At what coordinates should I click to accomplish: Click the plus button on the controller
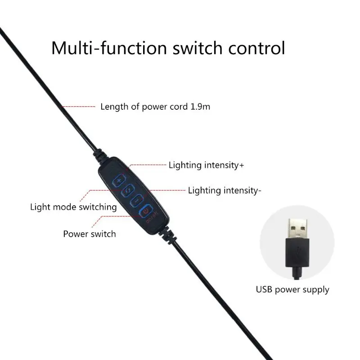click(119, 181)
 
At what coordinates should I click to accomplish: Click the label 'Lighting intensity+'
click(206, 165)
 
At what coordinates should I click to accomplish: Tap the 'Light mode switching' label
click(73, 207)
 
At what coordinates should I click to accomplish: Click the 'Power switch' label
click(89, 234)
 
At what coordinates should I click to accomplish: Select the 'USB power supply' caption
click(292, 289)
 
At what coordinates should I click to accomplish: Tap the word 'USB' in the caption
click(265, 289)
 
